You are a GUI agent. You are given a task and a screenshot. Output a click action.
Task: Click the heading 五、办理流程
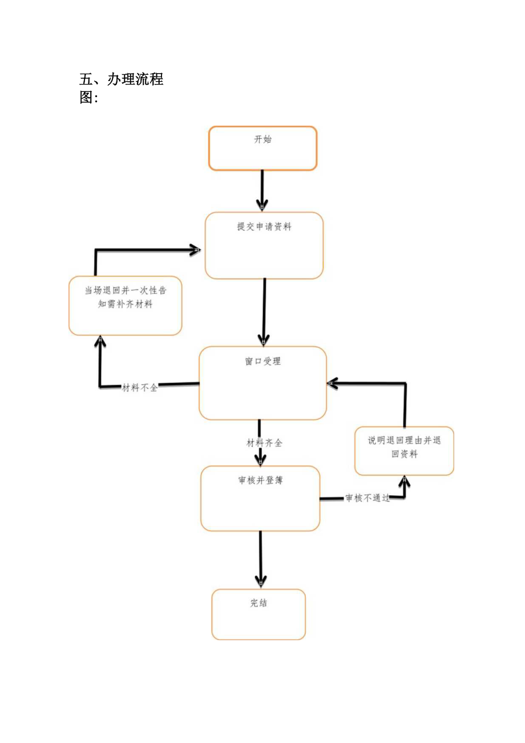tap(122, 79)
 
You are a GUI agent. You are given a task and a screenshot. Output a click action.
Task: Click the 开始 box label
tap(262, 139)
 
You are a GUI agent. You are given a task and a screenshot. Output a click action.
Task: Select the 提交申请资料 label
tap(264, 227)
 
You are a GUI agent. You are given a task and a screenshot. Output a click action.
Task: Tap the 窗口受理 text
tap(262, 362)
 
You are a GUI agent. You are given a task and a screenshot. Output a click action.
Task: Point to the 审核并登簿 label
tap(260, 480)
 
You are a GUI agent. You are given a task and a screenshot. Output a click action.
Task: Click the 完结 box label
tap(259, 603)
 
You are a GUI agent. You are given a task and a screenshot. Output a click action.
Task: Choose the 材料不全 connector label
tap(140, 388)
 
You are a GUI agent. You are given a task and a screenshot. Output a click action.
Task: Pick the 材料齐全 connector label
tap(264, 443)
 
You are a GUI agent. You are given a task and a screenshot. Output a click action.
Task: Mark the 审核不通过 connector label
tap(367, 498)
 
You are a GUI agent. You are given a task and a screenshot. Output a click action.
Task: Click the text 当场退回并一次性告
tap(126, 291)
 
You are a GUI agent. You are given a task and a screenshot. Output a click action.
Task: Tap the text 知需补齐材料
tap(126, 304)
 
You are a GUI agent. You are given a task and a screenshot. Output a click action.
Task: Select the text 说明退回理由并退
tap(404, 440)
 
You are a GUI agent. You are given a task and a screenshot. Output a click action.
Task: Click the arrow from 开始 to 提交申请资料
tap(262, 188)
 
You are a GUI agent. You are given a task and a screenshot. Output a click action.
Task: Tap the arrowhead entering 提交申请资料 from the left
tap(195, 250)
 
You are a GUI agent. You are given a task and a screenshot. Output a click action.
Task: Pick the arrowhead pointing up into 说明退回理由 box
tap(405, 481)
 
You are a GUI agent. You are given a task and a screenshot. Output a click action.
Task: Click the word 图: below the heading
tap(88, 98)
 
